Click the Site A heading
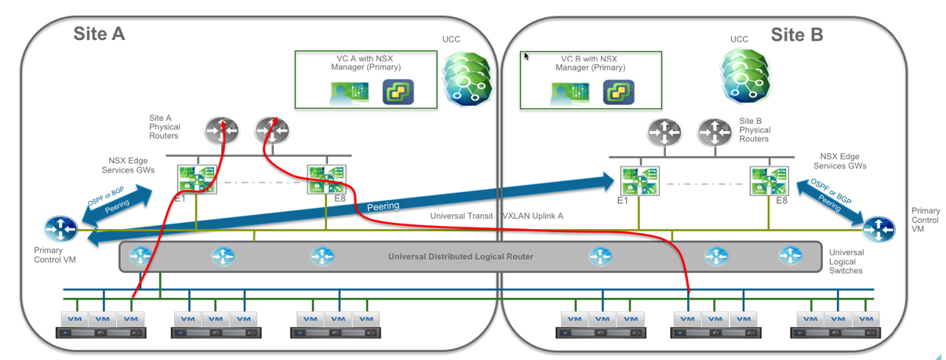(99, 34)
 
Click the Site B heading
(796, 35)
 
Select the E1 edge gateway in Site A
(196, 178)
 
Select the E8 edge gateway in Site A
(326, 178)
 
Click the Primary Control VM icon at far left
(60, 229)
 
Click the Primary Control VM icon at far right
(878, 229)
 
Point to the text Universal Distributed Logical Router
(460, 256)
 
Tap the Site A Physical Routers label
(165, 126)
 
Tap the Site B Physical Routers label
(755, 130)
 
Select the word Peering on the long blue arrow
(383, 206)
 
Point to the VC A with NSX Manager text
(366, 63)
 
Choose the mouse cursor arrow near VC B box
(526, 56)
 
